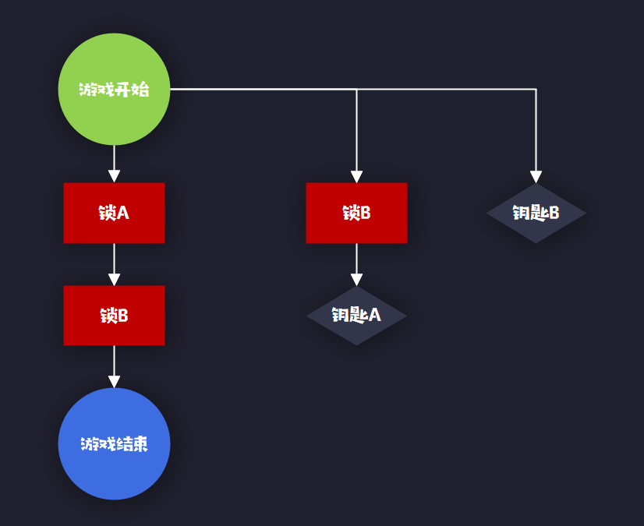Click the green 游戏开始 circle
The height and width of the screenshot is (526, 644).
pos(114,89)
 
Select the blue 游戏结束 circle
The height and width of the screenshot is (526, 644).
pos(114,443)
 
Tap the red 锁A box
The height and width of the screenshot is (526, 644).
pos(114,213)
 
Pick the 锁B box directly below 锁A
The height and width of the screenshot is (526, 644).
pos(114,316)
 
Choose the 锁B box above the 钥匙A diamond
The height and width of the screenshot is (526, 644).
pos(356,213)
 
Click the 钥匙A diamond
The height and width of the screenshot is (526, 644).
pos(356,316)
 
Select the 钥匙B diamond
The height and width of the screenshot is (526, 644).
pos(536,213)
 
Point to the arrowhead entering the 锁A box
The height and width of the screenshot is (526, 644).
pos(114,176)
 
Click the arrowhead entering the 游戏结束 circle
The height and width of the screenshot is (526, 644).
pos(114,381)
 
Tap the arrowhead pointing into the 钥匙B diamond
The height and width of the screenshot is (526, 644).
pos(536,176)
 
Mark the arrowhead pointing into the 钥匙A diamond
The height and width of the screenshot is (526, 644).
pos(356,280)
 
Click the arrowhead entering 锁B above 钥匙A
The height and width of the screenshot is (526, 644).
pos(356,176)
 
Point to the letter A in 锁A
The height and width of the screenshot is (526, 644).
pos(122,213)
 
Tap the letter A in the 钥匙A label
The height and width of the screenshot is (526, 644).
pos(374,316)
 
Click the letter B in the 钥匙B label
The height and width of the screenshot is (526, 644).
pos(554,213)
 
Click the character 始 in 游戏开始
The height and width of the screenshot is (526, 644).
pos(140,90)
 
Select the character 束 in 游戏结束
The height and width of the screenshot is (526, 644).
pos(140,444)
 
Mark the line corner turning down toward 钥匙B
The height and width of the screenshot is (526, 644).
pos(536,90)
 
